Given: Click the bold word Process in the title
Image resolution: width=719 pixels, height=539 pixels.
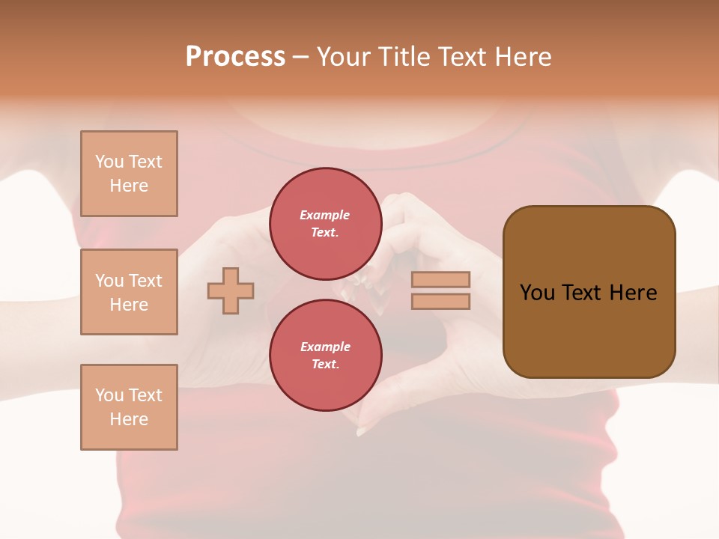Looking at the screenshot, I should [x=235, y=57].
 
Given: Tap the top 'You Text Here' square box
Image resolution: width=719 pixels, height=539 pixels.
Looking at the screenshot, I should [x=129, y=174].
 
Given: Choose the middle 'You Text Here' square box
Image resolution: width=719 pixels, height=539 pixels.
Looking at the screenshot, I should [x=129, y=292].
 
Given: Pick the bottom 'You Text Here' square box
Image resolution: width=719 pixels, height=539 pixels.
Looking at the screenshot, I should [x=129, y=407].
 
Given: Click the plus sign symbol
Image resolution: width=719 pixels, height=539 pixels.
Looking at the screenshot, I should [x=231, y=290].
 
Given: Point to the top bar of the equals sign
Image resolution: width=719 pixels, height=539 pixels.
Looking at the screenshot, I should [x=440, y=279].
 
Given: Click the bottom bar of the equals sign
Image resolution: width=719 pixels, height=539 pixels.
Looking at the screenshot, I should [x=440, y=301].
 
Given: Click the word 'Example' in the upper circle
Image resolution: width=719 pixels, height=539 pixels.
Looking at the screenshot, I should [x=325, y=215].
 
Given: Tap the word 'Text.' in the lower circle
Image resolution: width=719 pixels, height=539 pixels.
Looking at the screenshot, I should [x=325, y=364].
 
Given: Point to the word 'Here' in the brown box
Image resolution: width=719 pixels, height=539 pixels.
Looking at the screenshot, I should [x=634, y=293].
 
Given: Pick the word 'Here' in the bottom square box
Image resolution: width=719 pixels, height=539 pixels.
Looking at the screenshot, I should [x=129, y=419].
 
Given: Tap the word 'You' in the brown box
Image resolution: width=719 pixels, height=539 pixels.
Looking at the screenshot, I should [x=537, y=293].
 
